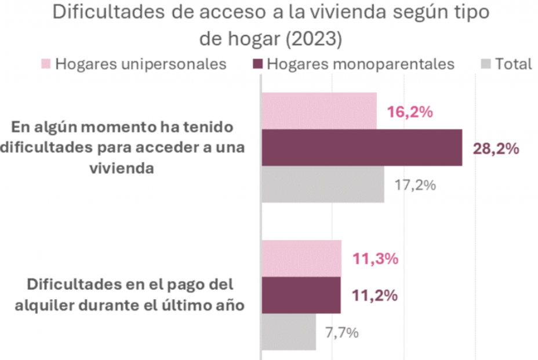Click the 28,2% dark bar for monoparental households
(361, 148)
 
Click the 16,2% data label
(410, 112)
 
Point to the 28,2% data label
(496, 149)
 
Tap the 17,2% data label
(415, 186)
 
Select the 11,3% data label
(376, 259)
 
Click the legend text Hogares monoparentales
(360, 63)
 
